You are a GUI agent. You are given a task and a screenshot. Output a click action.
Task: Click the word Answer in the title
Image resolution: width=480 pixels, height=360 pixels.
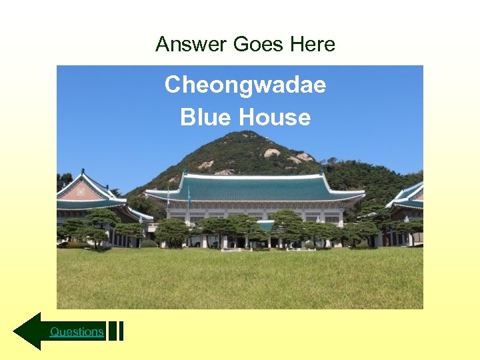[192, 45]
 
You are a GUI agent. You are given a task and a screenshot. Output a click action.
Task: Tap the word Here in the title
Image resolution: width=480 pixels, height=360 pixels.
[313, 45]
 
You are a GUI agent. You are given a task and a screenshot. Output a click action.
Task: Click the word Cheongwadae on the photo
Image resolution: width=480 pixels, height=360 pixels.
[245, 85]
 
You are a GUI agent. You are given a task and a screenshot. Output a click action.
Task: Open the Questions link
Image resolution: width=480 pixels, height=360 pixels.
[77, 331]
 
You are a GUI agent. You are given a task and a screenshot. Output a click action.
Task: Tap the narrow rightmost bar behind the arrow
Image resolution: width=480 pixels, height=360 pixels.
[121, 331]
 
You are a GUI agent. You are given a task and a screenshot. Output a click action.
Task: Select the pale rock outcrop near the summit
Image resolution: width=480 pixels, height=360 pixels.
[272, 153]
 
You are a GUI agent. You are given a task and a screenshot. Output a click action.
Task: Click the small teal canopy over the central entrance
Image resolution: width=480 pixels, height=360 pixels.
[266, 225]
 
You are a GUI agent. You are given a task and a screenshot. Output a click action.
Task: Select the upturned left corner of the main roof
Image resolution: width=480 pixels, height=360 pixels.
[147, 193]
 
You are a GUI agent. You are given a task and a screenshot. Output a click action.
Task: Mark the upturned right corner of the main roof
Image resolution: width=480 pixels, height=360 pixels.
[363, 193]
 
